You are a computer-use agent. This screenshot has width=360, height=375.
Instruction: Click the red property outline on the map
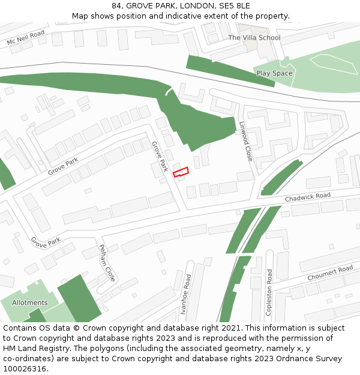181,172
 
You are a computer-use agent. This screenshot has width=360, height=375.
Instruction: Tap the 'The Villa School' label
254,38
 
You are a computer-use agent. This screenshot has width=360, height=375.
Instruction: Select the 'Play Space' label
274,73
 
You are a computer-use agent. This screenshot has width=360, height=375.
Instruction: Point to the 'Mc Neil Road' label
26,39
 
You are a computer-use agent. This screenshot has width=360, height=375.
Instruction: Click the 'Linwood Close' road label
246,142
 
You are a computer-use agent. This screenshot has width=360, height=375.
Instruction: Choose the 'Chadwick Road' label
307,197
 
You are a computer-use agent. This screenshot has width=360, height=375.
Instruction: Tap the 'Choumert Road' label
330,274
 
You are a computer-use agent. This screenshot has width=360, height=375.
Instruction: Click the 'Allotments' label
29,302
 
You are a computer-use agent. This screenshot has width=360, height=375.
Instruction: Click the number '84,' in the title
118,5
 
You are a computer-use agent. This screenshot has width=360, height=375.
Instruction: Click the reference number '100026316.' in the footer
25,369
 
